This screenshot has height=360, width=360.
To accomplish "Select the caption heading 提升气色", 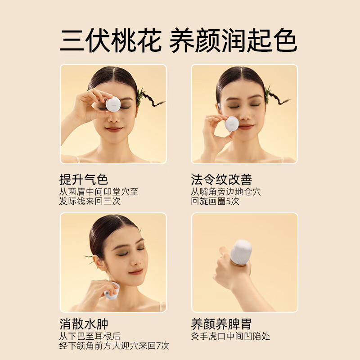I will [84, 180].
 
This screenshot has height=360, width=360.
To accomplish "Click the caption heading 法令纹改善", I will [221, 180].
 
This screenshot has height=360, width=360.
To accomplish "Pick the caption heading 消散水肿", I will [84, 324].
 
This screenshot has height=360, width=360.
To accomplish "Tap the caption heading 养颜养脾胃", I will [221, 324].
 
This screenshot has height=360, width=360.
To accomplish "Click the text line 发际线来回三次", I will [90, 201].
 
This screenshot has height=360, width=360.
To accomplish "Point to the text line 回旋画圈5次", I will [215, 201].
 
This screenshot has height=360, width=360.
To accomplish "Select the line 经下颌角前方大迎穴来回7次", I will [114, 346].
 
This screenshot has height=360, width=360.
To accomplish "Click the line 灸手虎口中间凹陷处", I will [230, 336].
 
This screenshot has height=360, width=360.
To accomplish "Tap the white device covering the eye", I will [112, 104].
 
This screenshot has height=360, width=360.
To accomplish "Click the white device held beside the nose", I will [232, 123].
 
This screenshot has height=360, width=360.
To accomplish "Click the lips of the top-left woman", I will [113, 129].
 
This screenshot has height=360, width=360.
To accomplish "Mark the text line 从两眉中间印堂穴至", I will [99, 192].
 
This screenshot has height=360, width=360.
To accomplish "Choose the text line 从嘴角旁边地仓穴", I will [226, 192].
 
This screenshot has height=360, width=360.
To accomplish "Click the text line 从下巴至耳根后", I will [90, 336].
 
